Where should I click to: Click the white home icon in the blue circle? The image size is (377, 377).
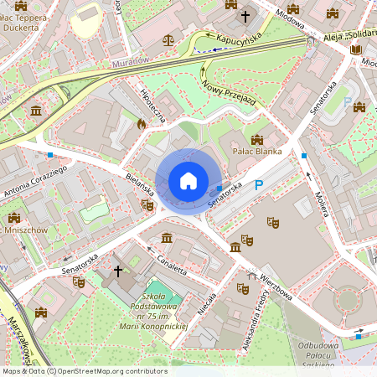188,180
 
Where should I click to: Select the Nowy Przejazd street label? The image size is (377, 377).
228,93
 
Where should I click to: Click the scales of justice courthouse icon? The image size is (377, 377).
169,38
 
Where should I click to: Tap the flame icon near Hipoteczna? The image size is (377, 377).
142,123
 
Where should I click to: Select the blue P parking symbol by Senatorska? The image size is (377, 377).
259,185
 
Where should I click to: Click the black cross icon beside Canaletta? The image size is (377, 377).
118,271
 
